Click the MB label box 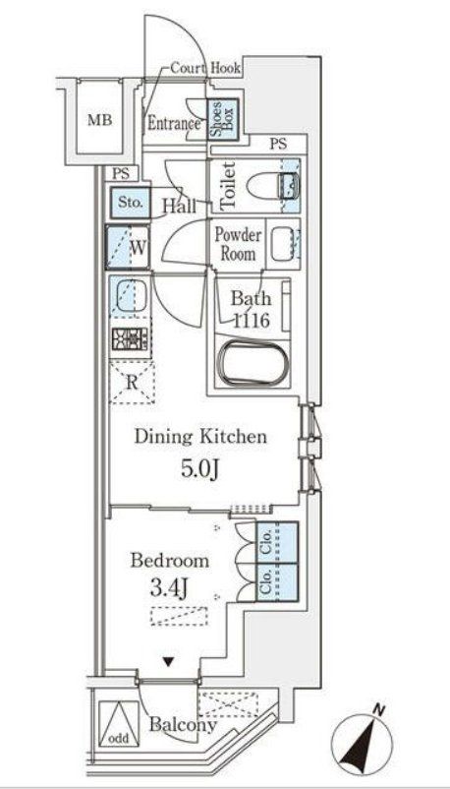coord(99,122)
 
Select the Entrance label coord(173,124)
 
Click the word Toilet coord(225,185)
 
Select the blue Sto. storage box coord(129,203)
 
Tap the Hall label coord(178,207)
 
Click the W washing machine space coord(129,248)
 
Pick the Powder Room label coord(239,244)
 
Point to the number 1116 coord(252,320)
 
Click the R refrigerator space coord(130,382)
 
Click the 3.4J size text coord(169,590)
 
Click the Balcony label coord(182,726)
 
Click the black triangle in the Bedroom coord(168,662)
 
